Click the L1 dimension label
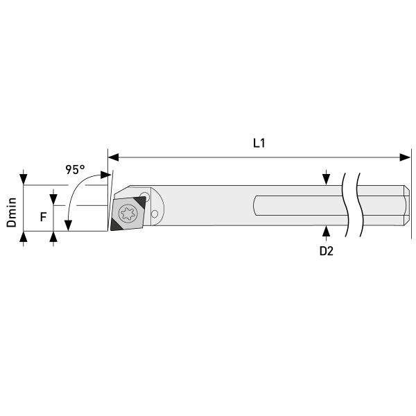[x=259, y=144]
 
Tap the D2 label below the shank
[x=326, y=252]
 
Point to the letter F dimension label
[x=43, y=217]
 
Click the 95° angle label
[x=75, y=169]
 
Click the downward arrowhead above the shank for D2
[x=326, y=180]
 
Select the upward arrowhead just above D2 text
[x=326, y=230]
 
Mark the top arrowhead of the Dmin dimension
[x=24, y=180]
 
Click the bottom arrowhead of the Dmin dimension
[x=24, y=237]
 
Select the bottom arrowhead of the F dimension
[x=53, y=237]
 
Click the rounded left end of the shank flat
[x=257, y=206]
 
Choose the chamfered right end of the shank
[x=406, y=206]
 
